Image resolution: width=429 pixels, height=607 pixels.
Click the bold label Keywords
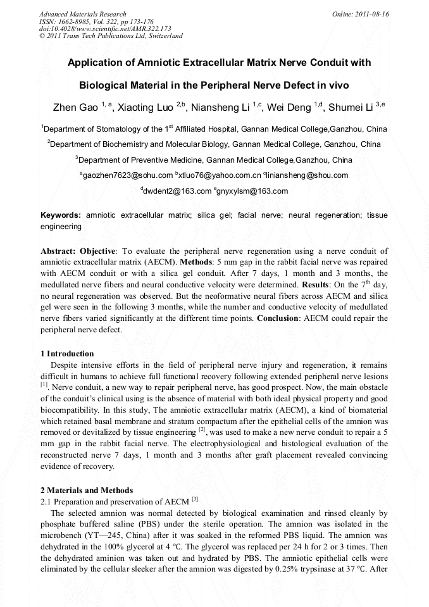tap(61, 216)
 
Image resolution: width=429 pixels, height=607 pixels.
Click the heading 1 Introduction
tap(67, 354)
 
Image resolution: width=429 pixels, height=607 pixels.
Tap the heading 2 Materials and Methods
tap(87, 491)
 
